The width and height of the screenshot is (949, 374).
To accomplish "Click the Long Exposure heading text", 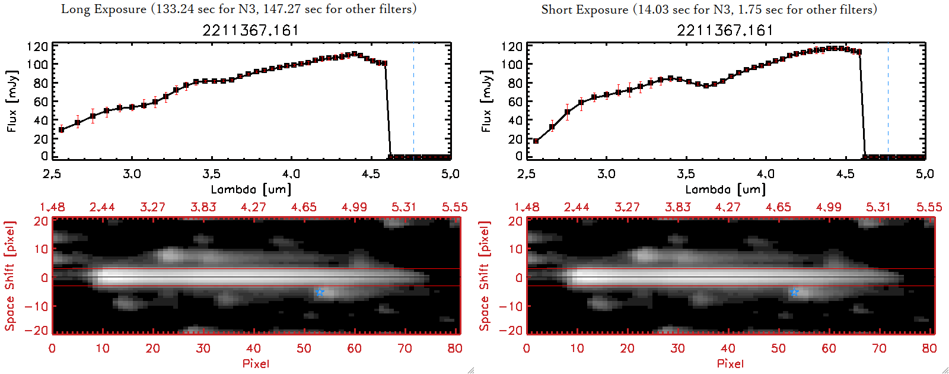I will [238, 9].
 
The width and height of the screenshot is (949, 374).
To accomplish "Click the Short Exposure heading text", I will [709, 9].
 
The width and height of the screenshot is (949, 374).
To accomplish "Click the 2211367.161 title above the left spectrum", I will [251, 30].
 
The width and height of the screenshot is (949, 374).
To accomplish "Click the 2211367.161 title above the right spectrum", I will [725, 30].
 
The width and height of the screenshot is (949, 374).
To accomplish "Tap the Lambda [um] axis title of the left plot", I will [251, 189].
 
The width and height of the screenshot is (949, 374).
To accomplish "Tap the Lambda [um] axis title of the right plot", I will [725, 189].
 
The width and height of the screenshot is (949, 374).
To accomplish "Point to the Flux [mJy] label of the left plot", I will [12, 102].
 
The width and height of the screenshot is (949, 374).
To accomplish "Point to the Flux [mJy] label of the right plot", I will [487, 102].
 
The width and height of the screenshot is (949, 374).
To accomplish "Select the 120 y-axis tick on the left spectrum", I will [37, 46].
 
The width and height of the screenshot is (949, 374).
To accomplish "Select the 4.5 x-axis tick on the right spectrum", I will [845, 174].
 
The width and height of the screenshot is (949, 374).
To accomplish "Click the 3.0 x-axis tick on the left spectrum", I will [132, 174].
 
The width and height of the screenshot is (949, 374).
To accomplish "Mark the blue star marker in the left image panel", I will [320, 292].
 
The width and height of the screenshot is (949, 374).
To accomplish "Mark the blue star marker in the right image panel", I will [794, 292].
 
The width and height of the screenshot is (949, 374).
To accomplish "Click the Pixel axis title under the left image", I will [256, 363].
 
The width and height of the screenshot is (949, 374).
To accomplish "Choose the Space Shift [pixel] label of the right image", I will [485, 276].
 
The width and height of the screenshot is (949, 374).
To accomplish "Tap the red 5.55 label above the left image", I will [454, 207].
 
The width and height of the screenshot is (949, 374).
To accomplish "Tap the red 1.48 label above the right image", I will [527, 207].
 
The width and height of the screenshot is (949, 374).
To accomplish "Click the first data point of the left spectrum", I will [61, 129].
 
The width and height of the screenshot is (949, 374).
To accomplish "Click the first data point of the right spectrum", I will [536, 141].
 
